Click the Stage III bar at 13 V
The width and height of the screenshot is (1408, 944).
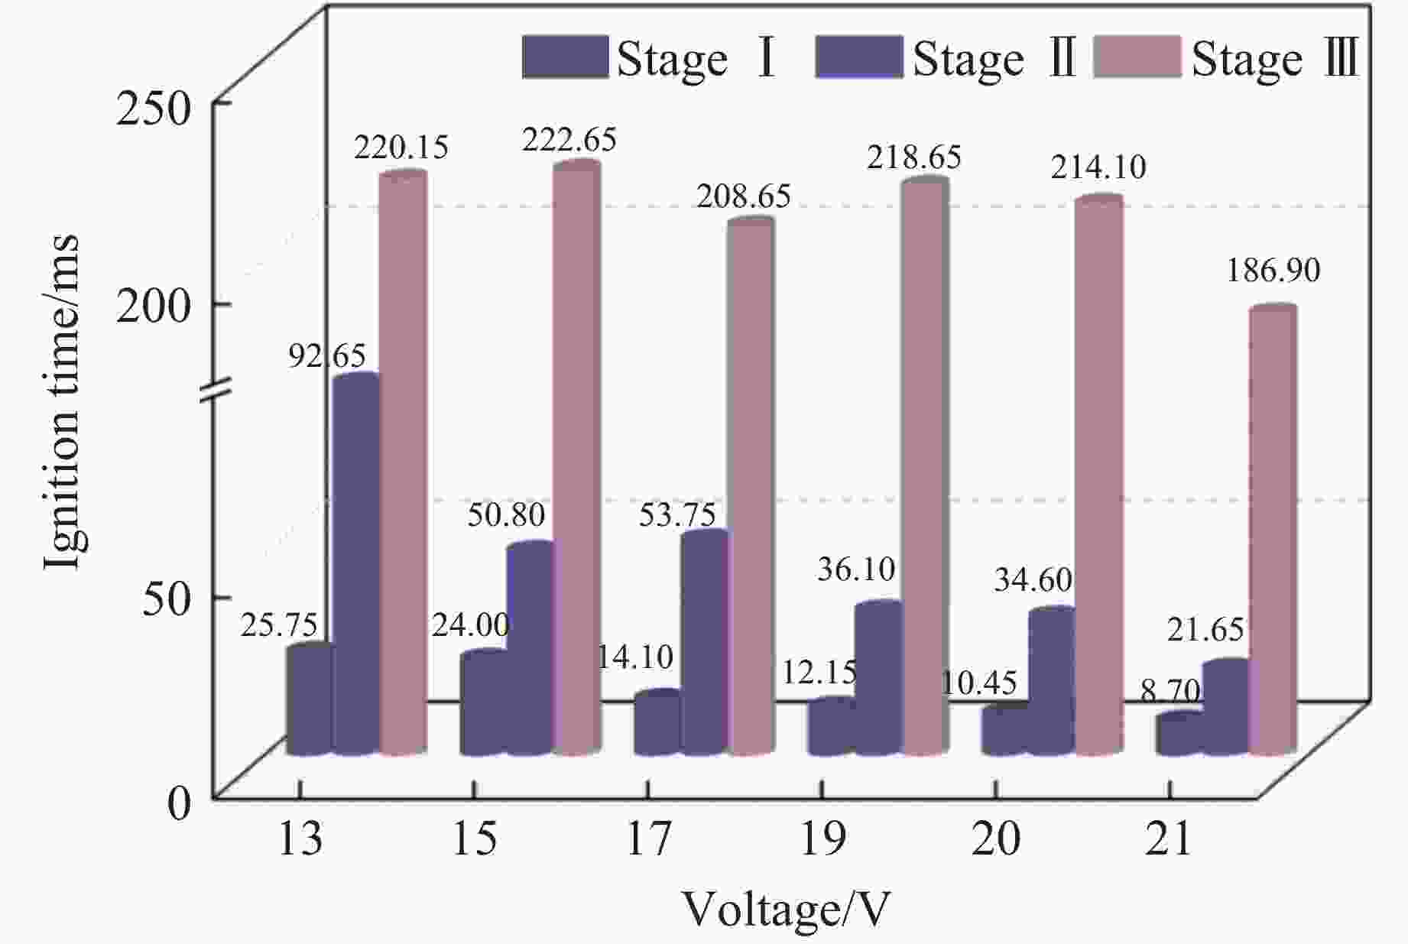coord(403,466)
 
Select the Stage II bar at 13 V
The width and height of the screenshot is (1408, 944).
coord(356,566)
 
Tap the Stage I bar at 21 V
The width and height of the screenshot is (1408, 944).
coord(1179,735)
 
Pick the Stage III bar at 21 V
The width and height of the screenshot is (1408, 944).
coord(1272,531)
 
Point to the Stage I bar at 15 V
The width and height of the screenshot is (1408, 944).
coord(483,703)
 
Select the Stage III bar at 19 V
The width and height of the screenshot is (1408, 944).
coord(925,466)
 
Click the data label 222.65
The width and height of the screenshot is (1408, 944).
coord(569,141)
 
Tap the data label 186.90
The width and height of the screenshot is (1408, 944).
coord(1273,271)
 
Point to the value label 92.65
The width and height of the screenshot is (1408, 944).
coord(327,356)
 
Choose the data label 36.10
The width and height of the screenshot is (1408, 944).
coord(855,569)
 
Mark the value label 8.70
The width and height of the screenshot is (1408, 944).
coord(1170,692)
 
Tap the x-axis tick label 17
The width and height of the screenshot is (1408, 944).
coord(648,839)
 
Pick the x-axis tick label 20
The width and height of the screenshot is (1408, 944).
coord(995,839)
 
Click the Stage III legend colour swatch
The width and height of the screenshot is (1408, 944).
coord(1137,57)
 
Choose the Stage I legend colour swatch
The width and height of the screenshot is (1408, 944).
coord(565,57)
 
